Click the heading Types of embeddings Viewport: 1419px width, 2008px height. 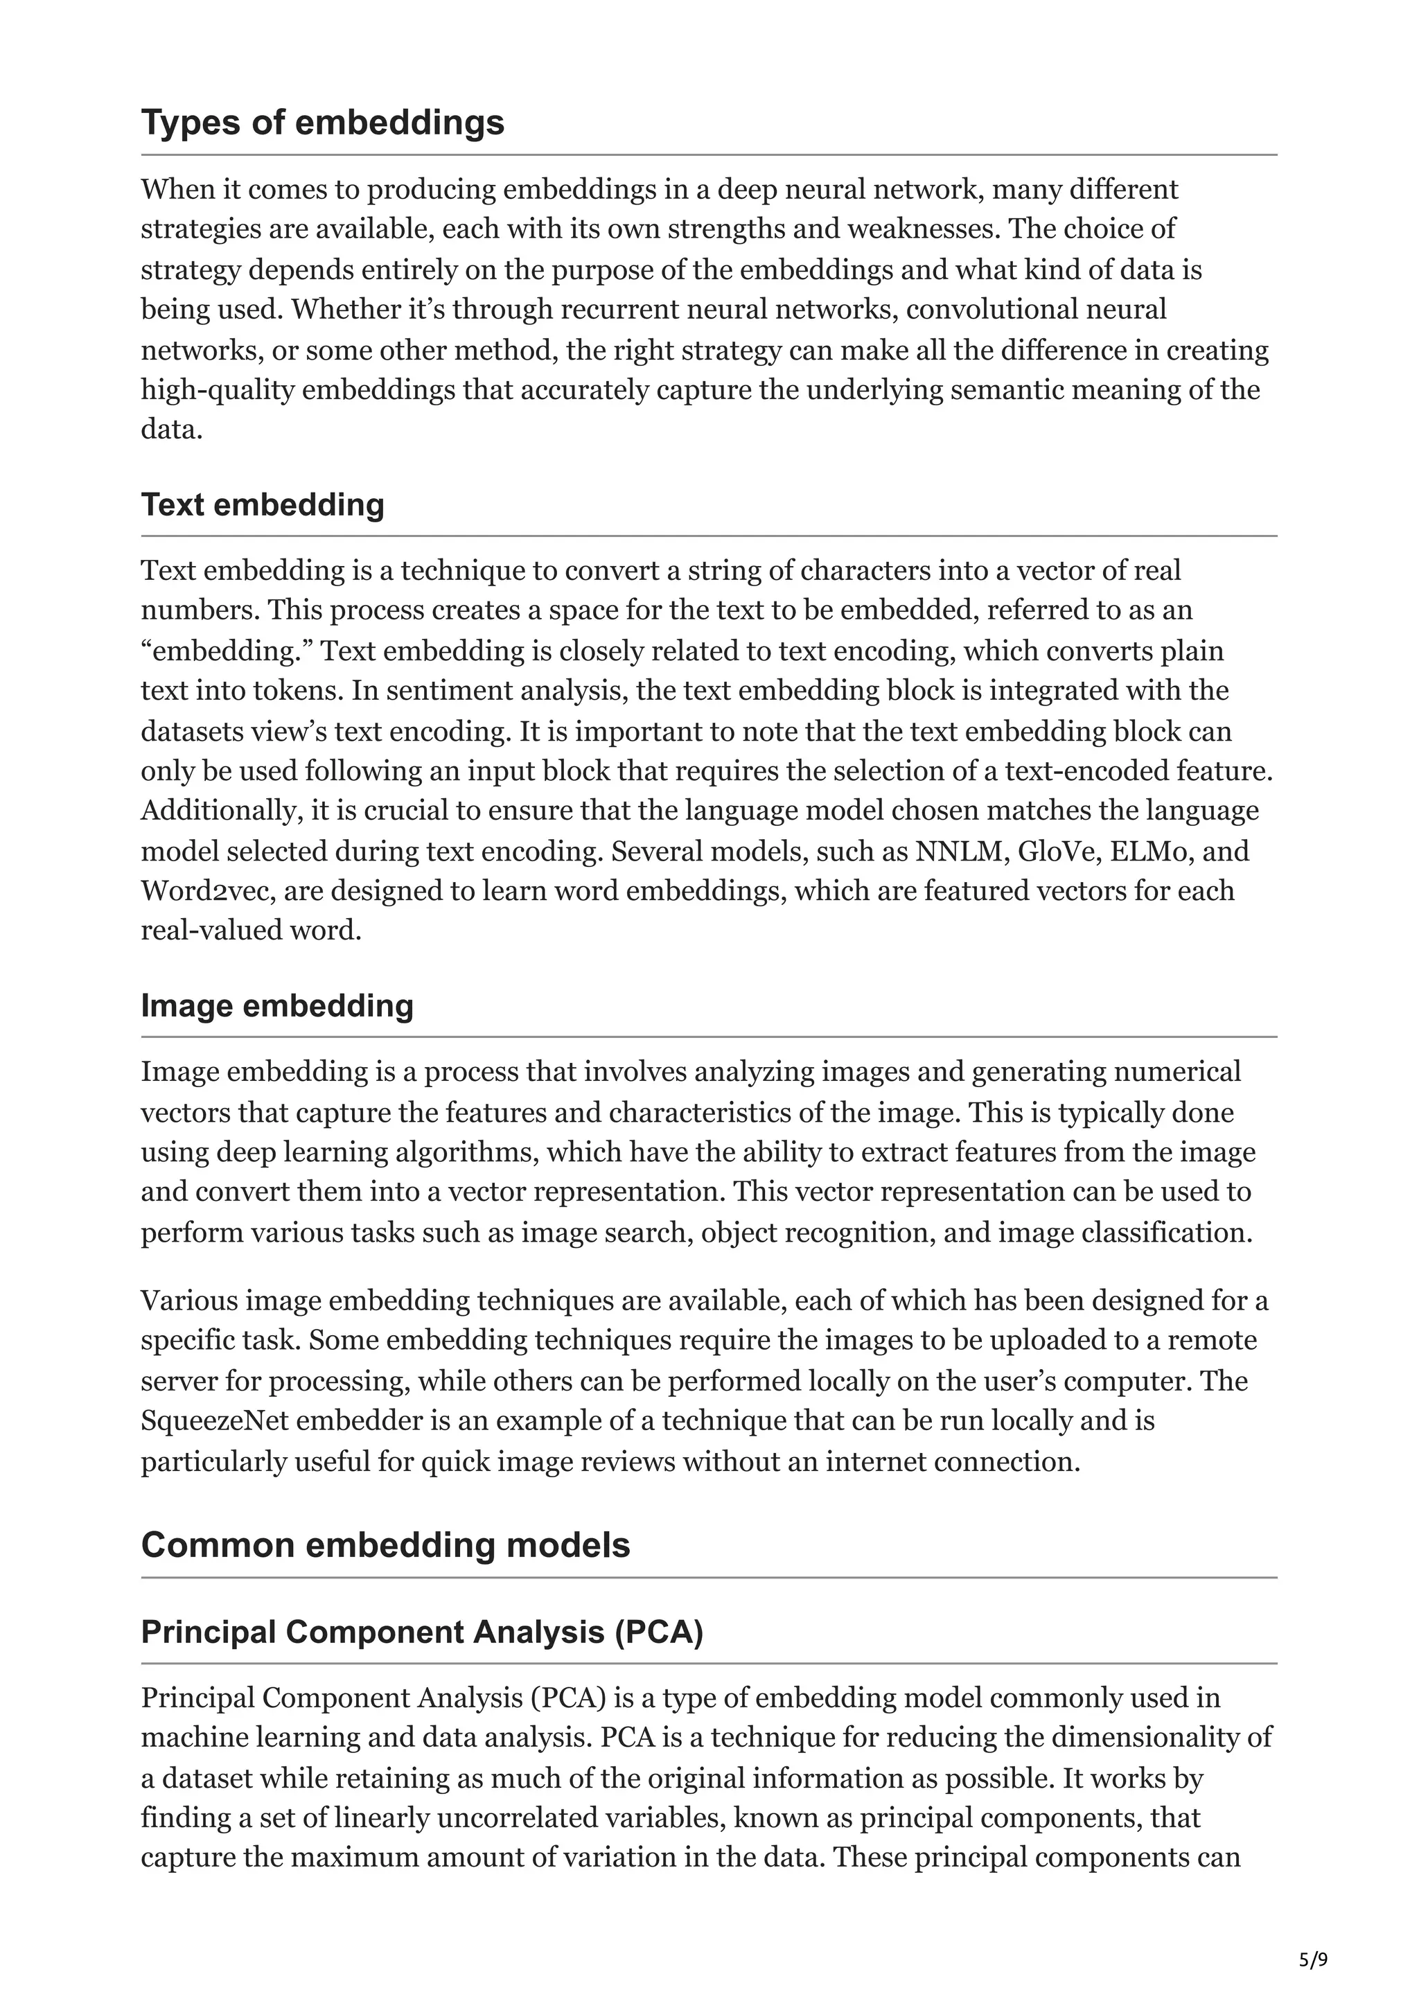coord(323,123)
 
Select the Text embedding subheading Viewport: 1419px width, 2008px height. coord(263,506)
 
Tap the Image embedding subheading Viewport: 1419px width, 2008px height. coord(277,1006)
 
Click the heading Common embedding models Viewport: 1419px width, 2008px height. coord(385,1545)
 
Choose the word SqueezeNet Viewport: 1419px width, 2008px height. coord(214,1421)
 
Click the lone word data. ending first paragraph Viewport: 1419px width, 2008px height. coord(171,430)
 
